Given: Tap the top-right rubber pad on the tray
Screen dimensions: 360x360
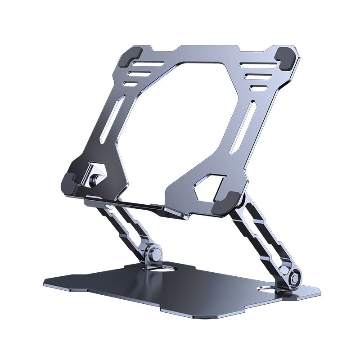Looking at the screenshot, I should pyautogui.click(x=287, y=58).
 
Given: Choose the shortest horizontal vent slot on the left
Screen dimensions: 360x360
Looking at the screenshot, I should pyautogui.click(x=131, y=84).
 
